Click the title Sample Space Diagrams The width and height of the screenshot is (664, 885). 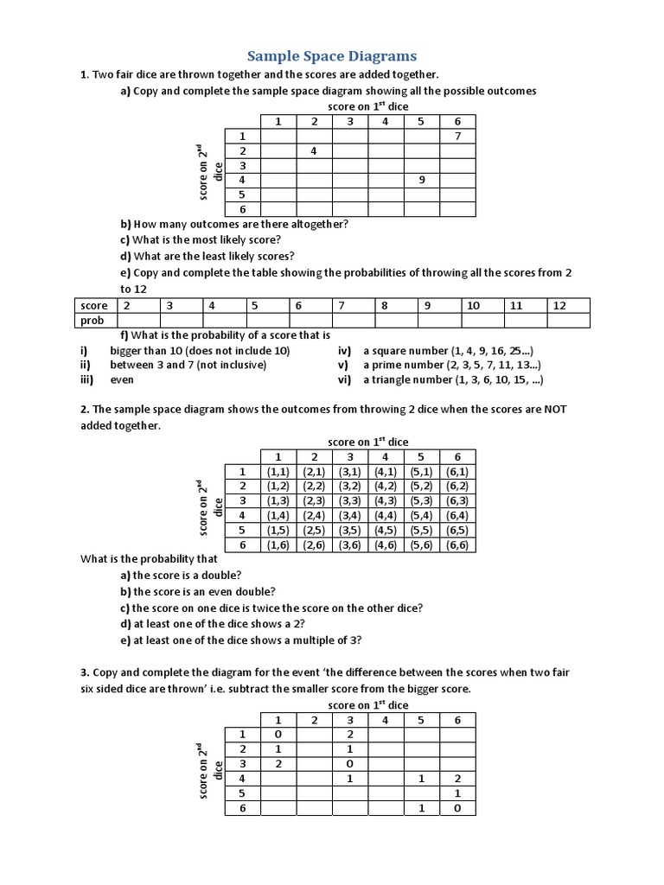point(332,56)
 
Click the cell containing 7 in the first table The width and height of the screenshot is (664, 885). point(457,137)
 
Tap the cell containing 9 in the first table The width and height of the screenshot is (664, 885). point(421,180)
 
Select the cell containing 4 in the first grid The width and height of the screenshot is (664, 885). point(314,151)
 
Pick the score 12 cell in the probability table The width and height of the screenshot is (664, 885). point(559,306)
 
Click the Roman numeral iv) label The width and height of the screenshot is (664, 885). point(344,350)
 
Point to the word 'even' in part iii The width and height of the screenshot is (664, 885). point(122,379)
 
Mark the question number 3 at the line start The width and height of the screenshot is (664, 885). point(84,672)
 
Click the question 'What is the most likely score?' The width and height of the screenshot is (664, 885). point(215,239)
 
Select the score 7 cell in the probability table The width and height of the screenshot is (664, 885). point(342,306)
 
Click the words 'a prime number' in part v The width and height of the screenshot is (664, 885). point(400,365)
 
